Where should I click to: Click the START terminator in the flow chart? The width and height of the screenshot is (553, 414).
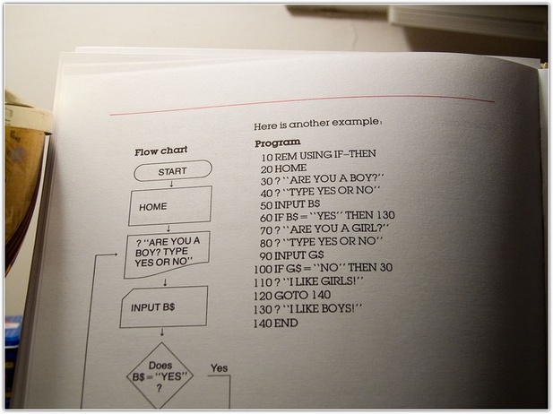(173, 171)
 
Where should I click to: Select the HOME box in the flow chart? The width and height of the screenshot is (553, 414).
(170, 206)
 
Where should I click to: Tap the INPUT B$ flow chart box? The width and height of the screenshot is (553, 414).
(164, 306)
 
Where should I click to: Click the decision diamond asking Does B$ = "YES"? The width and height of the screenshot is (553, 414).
(160, 376)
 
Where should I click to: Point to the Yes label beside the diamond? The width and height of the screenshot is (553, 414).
(219, 368)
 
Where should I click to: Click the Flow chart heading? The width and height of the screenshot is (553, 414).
(160, 151)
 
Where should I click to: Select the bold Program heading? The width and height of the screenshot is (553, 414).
(278, 142)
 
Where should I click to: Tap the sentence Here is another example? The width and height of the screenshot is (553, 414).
(318, 124)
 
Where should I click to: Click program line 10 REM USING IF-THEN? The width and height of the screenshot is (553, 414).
(318, 155)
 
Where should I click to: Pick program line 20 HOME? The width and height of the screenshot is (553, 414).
(283, 168)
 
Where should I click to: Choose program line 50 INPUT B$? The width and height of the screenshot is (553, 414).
(289, 204)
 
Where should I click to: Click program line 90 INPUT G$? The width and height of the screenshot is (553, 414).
(291, 255)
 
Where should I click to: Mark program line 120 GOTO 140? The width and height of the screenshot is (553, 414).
(292, 295)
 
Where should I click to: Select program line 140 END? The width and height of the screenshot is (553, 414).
(276, 323)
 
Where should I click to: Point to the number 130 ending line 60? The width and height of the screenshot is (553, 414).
(385, 215)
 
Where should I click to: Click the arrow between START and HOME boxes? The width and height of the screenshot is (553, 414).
(171, 184)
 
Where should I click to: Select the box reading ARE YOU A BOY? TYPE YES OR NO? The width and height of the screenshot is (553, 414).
(167, 254)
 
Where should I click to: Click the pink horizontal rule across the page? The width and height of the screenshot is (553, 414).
(302, 105)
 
